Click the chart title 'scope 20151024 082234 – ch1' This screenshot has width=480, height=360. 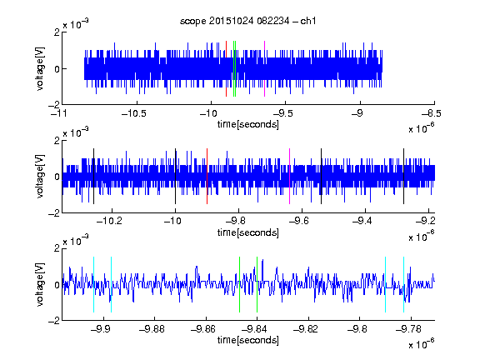pos(248,21)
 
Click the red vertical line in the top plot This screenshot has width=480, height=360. pos(226,68)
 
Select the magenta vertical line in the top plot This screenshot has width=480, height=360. pos(264,68)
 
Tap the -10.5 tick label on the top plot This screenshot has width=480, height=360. pos(134,113)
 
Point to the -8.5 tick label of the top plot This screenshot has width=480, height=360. pos(432,113)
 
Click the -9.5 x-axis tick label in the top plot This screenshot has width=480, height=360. pos(282,113)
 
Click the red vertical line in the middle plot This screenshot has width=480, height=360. pos(207,177)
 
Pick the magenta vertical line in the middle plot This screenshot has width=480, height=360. pos(290,177)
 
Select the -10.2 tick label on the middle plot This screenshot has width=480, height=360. pos(109,221)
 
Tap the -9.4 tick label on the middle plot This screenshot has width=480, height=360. pos(362,221)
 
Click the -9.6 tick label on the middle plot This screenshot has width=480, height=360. pos(299,221)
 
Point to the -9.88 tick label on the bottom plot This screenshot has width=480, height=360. pos(152,329)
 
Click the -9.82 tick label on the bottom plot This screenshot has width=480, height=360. pos(306,329)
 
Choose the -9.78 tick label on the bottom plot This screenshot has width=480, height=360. pos(408,329)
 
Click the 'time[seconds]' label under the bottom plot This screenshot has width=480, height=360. pos(248,340)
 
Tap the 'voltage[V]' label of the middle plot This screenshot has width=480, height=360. pos(40,177)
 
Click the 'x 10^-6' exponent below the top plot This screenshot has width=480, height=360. pos(422,127)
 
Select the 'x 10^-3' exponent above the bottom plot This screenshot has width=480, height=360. pos(76,240)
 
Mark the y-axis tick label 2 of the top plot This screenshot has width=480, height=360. pos(57,32)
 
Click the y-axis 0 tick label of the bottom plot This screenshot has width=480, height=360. pos(57,285)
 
